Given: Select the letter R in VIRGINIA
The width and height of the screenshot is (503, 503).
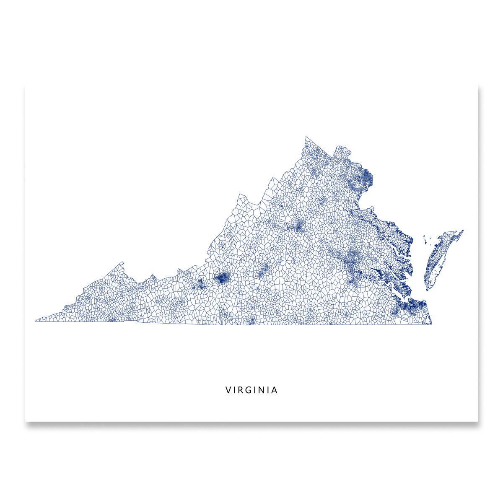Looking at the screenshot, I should point(241,390).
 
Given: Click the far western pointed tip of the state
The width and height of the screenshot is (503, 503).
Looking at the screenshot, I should point(36,321).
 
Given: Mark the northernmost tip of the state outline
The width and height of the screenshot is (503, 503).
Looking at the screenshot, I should point(306,137).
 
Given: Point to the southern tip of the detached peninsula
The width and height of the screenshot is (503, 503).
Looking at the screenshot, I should point(427,289).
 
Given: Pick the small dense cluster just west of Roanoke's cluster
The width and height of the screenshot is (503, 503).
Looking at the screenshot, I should point(200,284).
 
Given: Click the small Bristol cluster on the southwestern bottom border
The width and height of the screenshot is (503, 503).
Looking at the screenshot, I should point(112,320).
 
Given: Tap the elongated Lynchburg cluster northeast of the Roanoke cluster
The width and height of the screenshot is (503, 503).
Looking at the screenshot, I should point(263,272).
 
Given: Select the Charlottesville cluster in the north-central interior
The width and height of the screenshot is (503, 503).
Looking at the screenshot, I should point(298,227).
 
